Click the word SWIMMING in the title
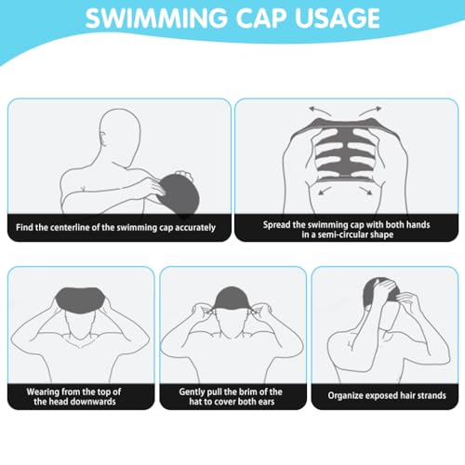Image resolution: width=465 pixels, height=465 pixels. point(156,18)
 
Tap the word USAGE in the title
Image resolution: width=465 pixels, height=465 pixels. point(338,18)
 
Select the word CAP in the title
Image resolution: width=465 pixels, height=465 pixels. point(261,18)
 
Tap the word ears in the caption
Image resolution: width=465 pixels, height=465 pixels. point(267,402)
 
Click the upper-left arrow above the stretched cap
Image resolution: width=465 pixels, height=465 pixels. point(320,111)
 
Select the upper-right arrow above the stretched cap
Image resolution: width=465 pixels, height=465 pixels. point(371,111)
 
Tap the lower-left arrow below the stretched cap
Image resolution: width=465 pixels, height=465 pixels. point(325,191)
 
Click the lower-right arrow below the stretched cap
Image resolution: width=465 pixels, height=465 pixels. point(365,191)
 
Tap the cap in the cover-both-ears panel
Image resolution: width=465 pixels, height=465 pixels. point(232,299)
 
